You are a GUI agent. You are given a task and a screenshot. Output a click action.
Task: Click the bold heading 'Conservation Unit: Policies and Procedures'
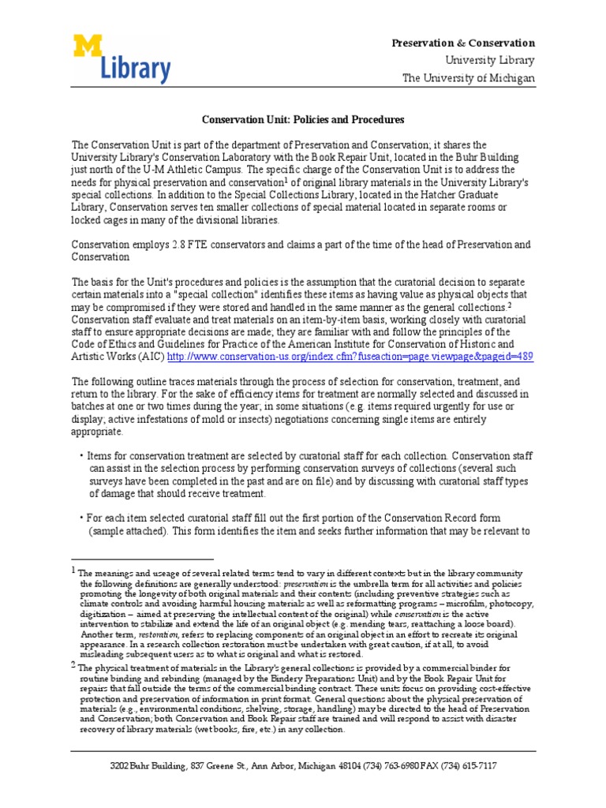[x=302, y=120]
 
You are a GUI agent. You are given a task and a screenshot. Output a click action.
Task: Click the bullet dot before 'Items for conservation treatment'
[x=80, y=457]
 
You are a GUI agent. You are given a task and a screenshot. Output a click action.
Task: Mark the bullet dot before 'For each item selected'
[x=80, y=518]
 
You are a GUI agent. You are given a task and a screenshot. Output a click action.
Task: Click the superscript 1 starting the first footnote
[x=73, y=570]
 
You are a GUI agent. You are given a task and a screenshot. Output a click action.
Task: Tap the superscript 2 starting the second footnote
[x=73, y=664]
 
